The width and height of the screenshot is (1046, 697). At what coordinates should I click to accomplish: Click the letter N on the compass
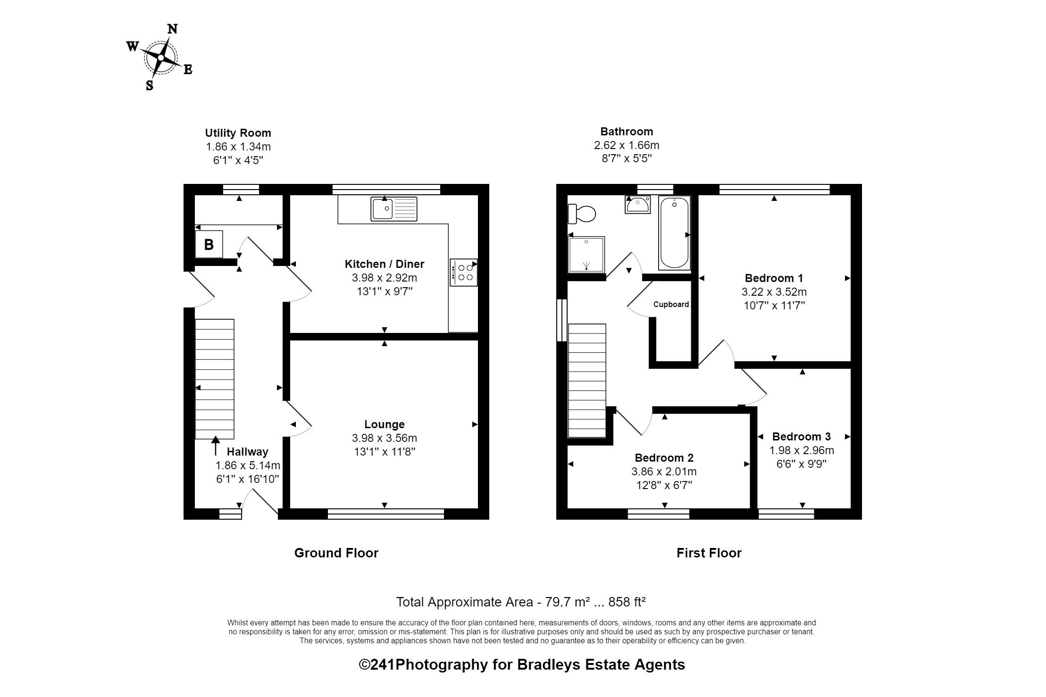click(x=173, y=29)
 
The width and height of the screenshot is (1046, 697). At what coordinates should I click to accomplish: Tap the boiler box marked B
click(x=209, y=244)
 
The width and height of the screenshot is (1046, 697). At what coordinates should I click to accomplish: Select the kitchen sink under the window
click(x=394, y=208)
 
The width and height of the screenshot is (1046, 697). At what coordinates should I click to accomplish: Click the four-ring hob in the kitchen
click(x=463, y=272)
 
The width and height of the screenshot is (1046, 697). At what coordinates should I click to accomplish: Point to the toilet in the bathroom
click(x=582, y=214)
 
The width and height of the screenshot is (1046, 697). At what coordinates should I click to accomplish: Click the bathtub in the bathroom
click(x=674, y=233)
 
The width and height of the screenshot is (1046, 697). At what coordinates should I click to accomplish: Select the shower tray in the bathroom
click(x=586, y=255)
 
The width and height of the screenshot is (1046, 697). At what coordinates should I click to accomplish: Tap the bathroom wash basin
click(x=637, y=205)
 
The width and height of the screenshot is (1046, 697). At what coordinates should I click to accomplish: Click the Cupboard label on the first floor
click(x=671, y=305)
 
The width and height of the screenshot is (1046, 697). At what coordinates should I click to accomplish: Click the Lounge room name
click(x=384, y=424)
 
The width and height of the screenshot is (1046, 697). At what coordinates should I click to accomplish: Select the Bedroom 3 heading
click(x=801, y=437)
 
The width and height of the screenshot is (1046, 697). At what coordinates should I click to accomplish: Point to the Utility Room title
click(x=238, y=133)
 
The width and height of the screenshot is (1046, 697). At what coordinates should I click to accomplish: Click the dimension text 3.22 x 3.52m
click(x=774, y=292)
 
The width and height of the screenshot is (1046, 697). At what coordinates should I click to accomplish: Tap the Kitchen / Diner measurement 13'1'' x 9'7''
click(x=384, y=291)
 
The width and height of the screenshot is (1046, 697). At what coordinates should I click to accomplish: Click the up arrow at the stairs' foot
click(x=216, y=446)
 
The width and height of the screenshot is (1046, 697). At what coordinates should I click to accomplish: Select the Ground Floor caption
click(x=336, y=553)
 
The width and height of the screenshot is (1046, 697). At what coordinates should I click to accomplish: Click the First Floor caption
click(x=709, y=553)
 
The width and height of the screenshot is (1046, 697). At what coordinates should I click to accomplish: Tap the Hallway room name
click(x=247, y=452)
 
